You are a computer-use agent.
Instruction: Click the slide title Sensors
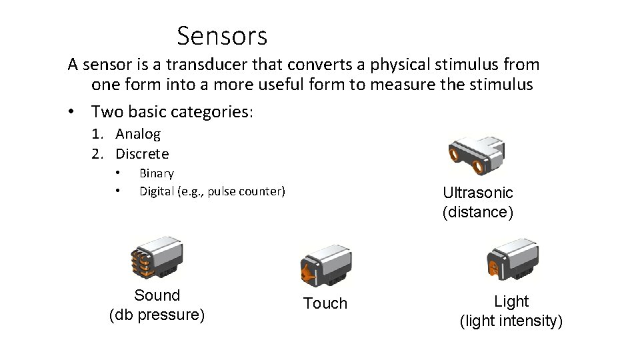[x=222, y=35]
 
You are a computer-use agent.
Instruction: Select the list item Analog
[x=138, y=134]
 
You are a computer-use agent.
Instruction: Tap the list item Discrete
[x=142, y=154]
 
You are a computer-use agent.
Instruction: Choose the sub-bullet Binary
[x=156, y=173]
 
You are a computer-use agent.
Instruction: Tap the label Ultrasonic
[x=478, y=193]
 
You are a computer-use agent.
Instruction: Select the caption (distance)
[x=477, y=212]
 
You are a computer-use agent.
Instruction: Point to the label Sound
[x=157, y=295]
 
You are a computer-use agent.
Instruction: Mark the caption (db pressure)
[x=157, y=315]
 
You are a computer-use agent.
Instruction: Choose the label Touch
[x=325, y=303]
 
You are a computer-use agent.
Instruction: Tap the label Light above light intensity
[x=511, y=301]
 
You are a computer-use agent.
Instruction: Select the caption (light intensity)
[x=511, y=321]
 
